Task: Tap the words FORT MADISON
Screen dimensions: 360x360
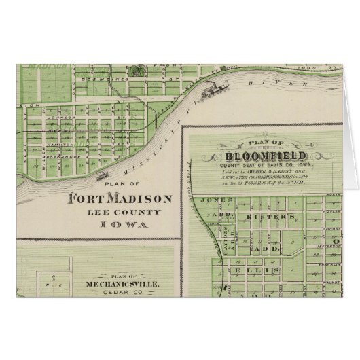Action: click(120, 199)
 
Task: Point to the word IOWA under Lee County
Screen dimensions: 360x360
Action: click(120, 224)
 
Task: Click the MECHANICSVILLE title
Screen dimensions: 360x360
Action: click(114, 286)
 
